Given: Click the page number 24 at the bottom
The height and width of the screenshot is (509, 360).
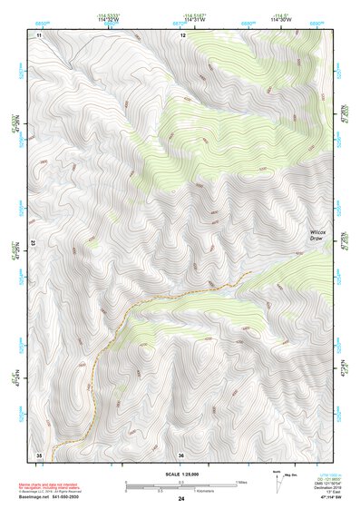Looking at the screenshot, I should click(x=181, y=500).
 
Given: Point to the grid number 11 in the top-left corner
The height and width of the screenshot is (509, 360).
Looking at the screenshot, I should click(x=39, y=34).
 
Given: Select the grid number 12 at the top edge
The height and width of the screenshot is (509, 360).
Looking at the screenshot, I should click(x=182, y=34).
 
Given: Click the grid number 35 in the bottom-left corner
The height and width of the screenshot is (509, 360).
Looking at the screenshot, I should click(x=39, y=455).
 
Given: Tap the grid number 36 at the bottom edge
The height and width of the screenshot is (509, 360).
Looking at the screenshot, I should click(x=181, y=455).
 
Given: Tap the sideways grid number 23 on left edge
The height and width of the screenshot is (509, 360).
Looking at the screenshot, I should click(x=30, y=243).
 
